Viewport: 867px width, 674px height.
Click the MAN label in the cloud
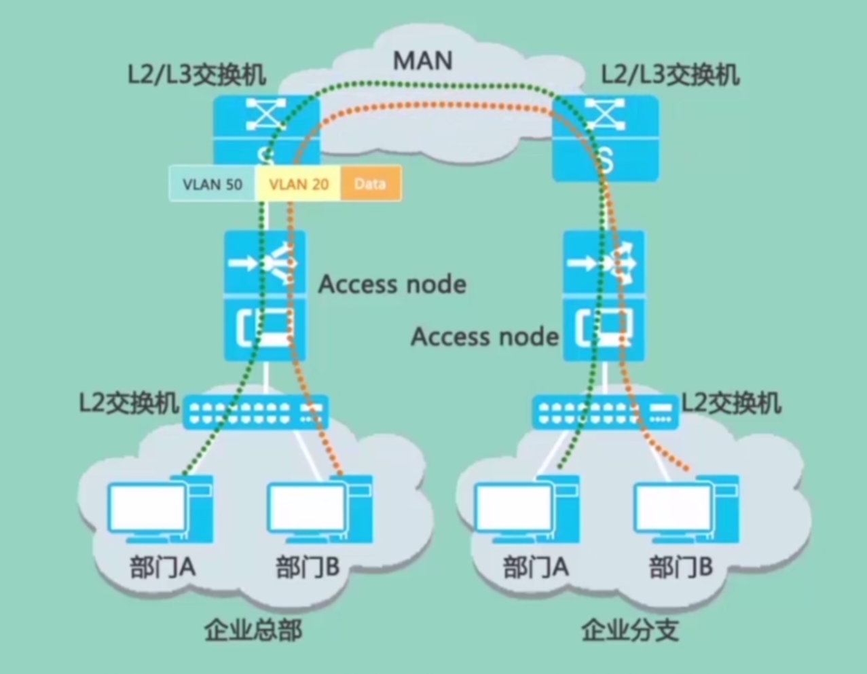click(x=422, y=60)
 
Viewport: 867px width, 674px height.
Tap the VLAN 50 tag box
click(x=212, y=184)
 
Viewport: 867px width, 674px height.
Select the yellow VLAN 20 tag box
click(x=298, y=184)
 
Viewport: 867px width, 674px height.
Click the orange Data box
click(x=370, y=184)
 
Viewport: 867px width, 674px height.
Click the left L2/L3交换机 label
click(x=196, y=75)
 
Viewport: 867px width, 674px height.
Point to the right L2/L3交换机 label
click(x=669, y=75)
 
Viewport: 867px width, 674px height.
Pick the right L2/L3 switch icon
click(x=605, y=138)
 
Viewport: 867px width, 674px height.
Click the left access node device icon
click(x=265, y=295)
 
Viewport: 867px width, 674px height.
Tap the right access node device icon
click(x=604, y=295)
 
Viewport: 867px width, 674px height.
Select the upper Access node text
click(x=392, y=284)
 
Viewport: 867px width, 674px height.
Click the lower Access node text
click(x=485, y=337)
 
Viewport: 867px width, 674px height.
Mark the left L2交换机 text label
click(x=128, y=403)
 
